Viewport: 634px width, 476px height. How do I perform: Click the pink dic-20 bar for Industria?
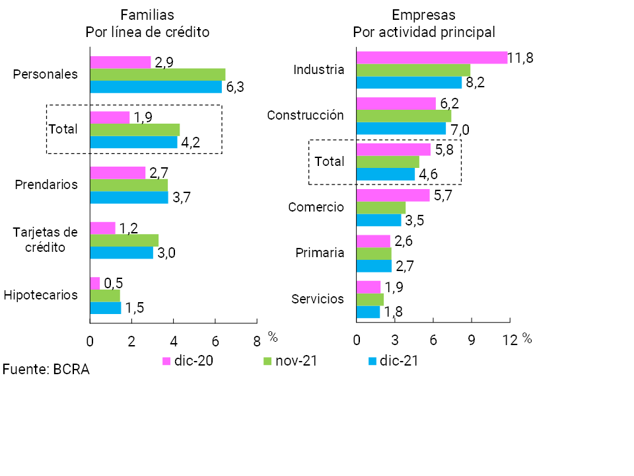click(x=431, y=58)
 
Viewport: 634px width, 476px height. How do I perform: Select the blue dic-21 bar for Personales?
click(x=156, y=87)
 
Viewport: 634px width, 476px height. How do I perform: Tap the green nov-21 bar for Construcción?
click(x=404, y=116)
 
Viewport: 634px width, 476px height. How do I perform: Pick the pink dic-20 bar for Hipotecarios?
click(x=95, y=283)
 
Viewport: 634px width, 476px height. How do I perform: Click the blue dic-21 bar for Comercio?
click(x=378, y=220)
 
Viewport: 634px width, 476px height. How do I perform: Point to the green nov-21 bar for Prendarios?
click(x=129, y=184)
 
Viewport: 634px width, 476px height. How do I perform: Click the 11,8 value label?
click(x=521, y=58)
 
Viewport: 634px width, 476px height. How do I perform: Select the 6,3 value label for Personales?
click(x=235, y=87)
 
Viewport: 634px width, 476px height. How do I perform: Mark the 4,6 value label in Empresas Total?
click(x=429, y=175)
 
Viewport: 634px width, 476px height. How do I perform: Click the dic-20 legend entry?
click(x=188, y=361)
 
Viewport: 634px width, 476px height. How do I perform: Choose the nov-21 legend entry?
click(x=290, y=361)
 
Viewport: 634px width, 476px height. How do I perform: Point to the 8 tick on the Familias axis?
click(x=256, y=341)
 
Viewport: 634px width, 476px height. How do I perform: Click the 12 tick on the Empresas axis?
click(x=510, y=341)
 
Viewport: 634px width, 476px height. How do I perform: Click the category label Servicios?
click(x=318, y=299)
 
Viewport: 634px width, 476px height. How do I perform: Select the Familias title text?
click(x=147, y=15)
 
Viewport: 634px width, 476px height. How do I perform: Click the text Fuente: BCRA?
click(x=46, y=370)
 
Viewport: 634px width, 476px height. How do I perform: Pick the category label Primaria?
click(x=320, y=253)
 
